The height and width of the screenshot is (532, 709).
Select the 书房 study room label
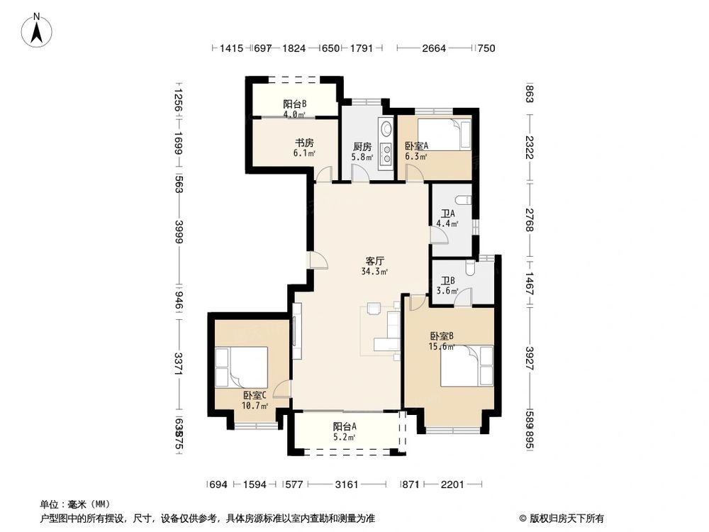pos(285,141)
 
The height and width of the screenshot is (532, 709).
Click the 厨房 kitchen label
pos(362,146)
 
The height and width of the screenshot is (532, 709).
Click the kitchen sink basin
pos(386,130)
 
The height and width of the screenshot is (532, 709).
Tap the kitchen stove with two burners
pos(386,155)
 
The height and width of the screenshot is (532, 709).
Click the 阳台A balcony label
pos(345,427)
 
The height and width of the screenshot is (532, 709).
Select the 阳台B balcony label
pos(294,104)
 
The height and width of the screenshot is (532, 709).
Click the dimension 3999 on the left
pos(179,232)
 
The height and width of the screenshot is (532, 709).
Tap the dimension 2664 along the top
pos(434,48)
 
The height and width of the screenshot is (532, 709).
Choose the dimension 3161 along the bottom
pos(347,485)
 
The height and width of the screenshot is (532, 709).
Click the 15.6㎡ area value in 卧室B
pos(442,347)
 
